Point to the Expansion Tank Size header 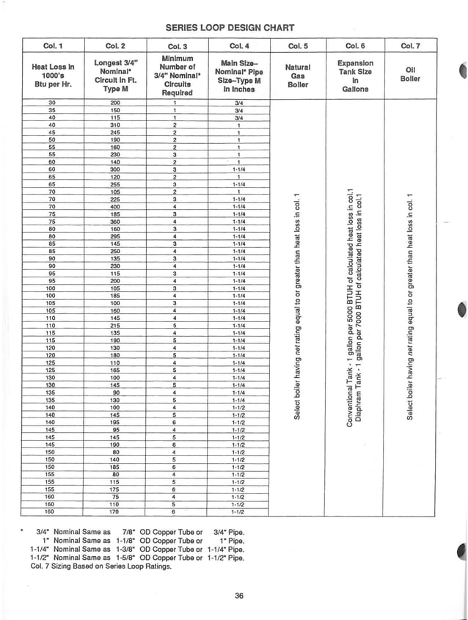(355, 75)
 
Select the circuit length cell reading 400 (114, 206)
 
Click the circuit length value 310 (114, 125)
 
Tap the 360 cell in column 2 (114, 222)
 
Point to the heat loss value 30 (51, 102)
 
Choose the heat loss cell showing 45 (51, 132)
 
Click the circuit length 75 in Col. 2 (114, 496)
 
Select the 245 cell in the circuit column (114, 132)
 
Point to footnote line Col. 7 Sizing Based (90, 566)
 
